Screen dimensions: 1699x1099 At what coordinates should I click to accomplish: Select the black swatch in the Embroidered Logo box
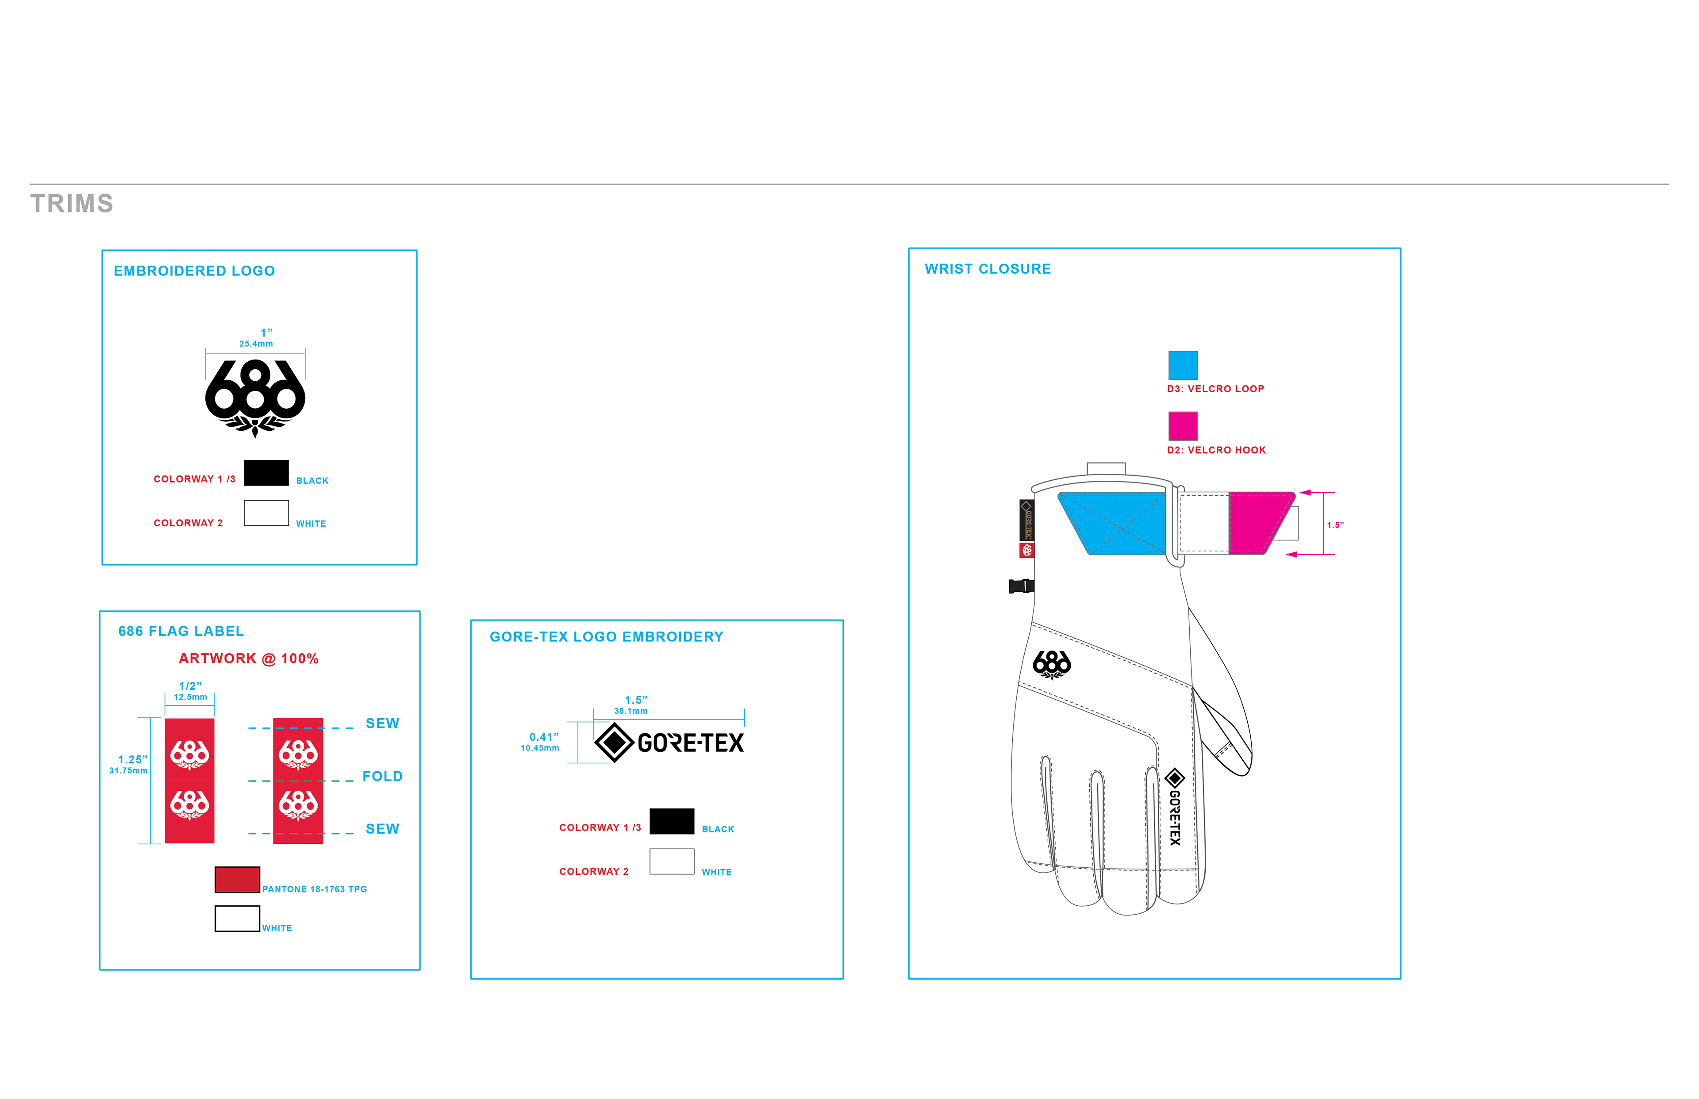266,472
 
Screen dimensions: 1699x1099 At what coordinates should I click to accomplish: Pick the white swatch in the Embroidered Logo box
266,513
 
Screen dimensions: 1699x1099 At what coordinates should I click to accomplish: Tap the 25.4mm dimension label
256,344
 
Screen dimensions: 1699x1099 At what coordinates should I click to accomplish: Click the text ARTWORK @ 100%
248,659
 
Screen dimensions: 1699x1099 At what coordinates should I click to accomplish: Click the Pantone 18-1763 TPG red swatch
237,880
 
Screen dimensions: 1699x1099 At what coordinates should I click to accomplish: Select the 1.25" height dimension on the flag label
132,760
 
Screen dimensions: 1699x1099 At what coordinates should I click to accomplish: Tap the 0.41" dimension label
544,737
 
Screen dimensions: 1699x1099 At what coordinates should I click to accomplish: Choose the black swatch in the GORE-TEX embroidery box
672,821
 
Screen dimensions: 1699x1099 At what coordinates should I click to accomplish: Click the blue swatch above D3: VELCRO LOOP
1182,365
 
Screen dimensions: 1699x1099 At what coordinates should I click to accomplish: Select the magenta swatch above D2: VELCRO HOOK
1182,426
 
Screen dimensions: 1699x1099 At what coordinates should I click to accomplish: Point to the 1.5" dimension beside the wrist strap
1335,525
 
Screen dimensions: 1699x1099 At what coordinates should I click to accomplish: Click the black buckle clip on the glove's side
1021,586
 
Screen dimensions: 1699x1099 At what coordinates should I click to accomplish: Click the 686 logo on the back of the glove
1052,664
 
